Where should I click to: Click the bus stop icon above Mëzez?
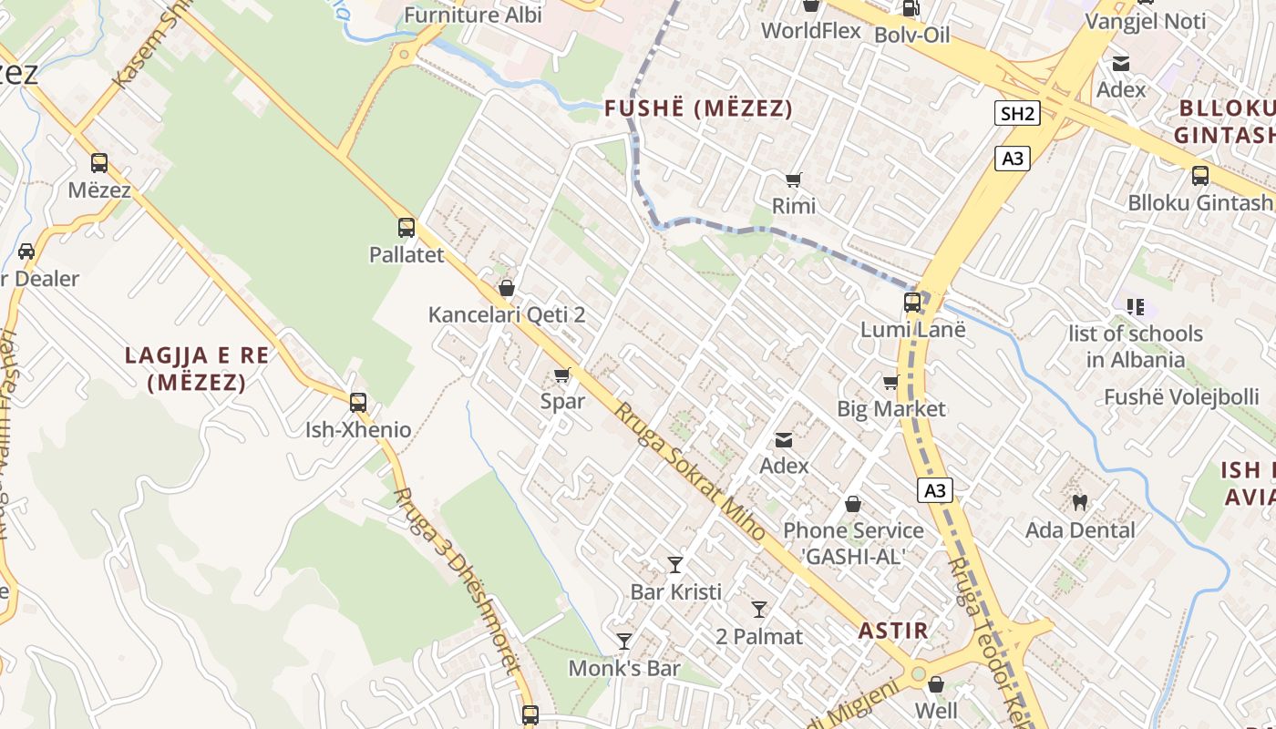(99, 163)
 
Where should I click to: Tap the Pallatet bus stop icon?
(406, 228)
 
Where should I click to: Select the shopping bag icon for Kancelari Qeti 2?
(507, 288)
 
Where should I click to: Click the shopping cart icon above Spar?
(562, 375)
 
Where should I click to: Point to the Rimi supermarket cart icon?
(794, 180)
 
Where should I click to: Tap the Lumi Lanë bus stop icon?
(912, 303)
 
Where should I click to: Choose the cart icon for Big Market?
(890, 382)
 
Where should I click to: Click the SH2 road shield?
(1017, 114)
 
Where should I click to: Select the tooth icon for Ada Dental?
(1080, 502)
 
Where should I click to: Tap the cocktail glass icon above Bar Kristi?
(675, 565)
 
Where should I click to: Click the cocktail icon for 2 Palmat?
(759, 609)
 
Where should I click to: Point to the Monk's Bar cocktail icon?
(624, 642)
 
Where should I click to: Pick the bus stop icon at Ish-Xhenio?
(358, 402)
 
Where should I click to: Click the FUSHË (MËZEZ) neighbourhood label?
(698, 109)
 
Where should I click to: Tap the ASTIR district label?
(893, 630)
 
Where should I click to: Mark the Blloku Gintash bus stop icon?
(1200, 176)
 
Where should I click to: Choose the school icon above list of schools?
(1135, 307)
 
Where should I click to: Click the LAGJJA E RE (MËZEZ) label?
(197, 368)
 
